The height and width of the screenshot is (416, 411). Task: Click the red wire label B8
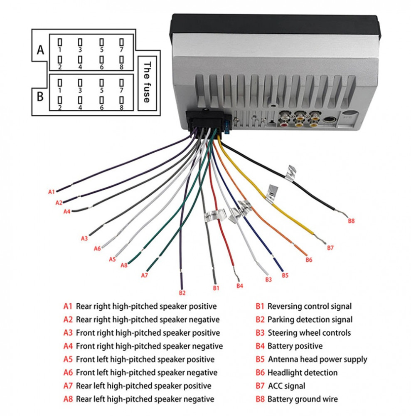coord(351,221)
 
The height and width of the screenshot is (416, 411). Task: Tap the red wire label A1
coord(52,192)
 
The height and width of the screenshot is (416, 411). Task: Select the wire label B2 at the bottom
coord(182,292)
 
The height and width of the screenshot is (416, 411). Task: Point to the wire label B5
coord(285,275)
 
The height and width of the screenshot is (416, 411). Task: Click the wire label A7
coord(145,275)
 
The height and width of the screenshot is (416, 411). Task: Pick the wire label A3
coord(84,238)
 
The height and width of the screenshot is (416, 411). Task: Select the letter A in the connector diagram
coord(40,50)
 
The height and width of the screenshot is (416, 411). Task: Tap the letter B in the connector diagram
coord(40,97)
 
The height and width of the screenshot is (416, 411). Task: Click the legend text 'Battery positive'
coord(295,346)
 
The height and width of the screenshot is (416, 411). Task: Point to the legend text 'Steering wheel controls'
coord(309,333)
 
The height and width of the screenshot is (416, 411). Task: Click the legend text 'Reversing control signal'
coord(309,307)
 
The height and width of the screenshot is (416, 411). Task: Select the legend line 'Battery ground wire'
coord(303,399)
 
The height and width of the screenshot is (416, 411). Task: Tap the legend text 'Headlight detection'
coord(302,373)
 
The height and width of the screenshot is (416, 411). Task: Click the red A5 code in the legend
coord(68,359)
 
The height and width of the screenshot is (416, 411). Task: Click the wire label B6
coord(309,260)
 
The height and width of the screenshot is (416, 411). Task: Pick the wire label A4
coord(67,212)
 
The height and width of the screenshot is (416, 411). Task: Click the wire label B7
coord(330,248)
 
